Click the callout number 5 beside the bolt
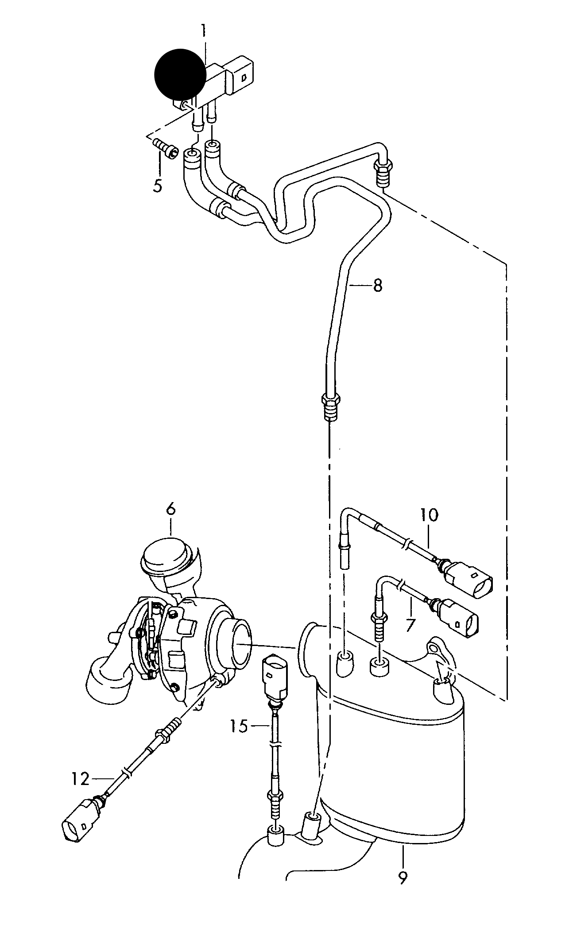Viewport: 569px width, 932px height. (x=158, y=185)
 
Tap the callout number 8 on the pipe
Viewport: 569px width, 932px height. (x=377, y=286)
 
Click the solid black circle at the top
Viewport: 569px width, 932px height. (x=180, y=74)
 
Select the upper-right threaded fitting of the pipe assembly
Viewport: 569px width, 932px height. (x=382, y=174)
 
